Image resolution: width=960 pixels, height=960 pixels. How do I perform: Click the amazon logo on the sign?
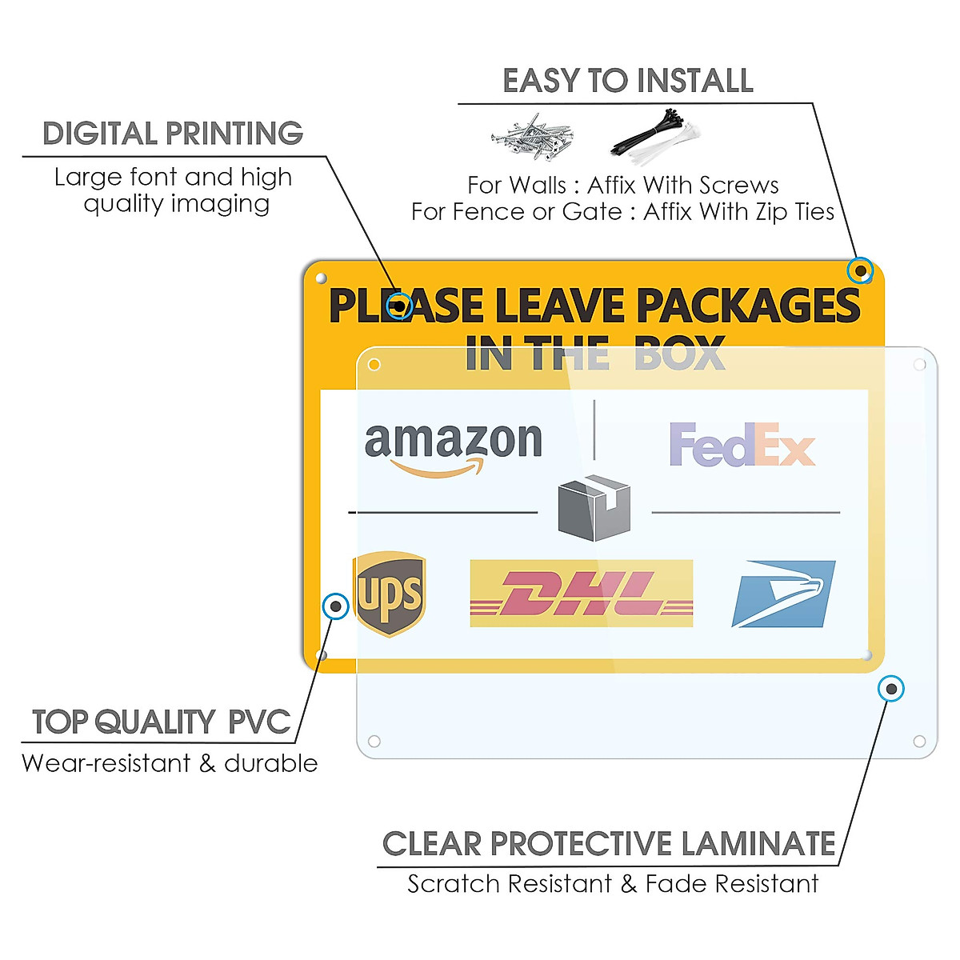coord(453,448)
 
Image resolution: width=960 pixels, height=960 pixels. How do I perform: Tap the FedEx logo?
coord(742,445)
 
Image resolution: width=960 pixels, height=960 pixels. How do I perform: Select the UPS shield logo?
coord(389,594)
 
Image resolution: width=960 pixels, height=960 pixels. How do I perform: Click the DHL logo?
coord(581,594)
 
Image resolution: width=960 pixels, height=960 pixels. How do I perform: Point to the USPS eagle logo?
coord(783,594)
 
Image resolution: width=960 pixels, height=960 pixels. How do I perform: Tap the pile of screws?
coord(532,137)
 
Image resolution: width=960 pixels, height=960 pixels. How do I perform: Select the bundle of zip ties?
coord(654,134)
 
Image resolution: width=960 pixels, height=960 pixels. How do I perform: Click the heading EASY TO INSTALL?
coord(628,81)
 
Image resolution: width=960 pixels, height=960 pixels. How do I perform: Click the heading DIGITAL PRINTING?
coord(173,134)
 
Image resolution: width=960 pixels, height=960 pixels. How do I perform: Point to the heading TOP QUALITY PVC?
coord(161,722)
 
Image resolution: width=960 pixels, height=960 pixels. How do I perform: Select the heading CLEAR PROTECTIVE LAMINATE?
coord(609,844)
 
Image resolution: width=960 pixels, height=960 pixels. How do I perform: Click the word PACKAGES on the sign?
coord(747,306)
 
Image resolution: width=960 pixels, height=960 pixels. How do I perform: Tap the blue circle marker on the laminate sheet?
coord(891,689)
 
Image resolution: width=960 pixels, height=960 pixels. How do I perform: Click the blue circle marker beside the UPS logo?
coord(335,606)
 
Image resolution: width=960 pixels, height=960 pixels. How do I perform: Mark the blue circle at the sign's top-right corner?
coord(860,271)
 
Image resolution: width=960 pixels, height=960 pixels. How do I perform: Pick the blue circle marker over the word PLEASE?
coord(399,306)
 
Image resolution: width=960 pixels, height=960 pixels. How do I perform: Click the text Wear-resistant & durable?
coord(170,763)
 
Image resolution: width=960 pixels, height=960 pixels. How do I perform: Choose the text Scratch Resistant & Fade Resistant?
coord(613,884)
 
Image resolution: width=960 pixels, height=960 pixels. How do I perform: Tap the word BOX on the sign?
coord(678,354)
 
